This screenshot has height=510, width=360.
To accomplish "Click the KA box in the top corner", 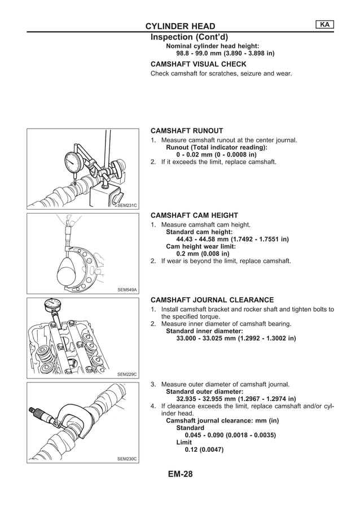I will [324, 24].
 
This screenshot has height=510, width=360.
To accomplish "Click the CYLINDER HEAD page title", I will [180, 27].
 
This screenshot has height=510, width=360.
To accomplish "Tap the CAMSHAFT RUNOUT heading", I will [186, 130].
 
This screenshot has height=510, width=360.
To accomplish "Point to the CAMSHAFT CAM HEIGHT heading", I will [194, 215].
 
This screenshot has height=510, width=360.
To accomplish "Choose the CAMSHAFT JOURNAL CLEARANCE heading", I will [212, 300].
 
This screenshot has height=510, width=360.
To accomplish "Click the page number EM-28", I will [180, 474].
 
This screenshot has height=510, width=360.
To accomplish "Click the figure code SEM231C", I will [127, 205].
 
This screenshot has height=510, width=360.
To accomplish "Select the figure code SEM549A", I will [127, 289].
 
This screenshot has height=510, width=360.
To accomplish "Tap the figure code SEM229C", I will [127, 374].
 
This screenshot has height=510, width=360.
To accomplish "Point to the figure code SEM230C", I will [127, 459].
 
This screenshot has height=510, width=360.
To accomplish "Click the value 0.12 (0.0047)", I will [204, 450].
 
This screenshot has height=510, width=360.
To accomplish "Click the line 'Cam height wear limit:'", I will [200, 246].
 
